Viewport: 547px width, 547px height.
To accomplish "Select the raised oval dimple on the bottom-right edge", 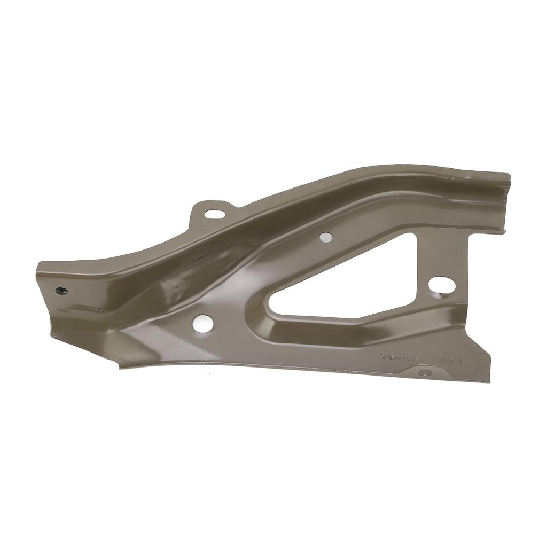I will pyautogui.click(x=425, y=372).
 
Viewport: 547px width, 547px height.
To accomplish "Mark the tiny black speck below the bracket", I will pyautogui.click(x=209, y=373).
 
